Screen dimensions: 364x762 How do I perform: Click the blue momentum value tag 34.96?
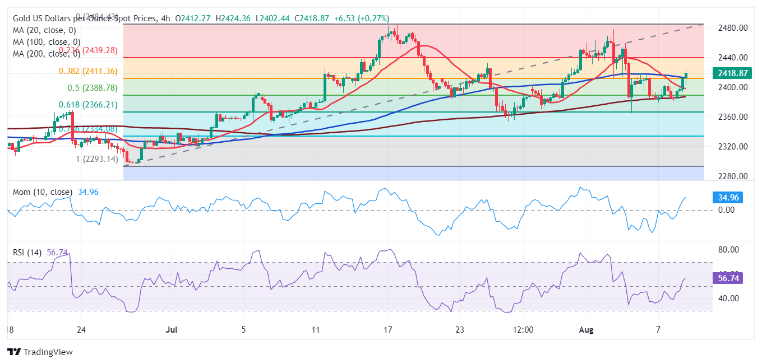[728, 198]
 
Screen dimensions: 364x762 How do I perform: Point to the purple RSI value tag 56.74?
[728, 278]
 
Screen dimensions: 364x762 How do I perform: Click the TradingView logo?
[40, 352]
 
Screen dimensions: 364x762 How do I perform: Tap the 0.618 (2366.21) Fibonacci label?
[88, 105]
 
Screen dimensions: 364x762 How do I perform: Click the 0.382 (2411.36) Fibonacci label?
[88, 71]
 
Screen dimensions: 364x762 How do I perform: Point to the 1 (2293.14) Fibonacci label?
[97, 159]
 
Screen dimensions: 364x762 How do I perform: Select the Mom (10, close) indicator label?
[42, 192]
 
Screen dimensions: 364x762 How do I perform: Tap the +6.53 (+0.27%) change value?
[361, 18]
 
